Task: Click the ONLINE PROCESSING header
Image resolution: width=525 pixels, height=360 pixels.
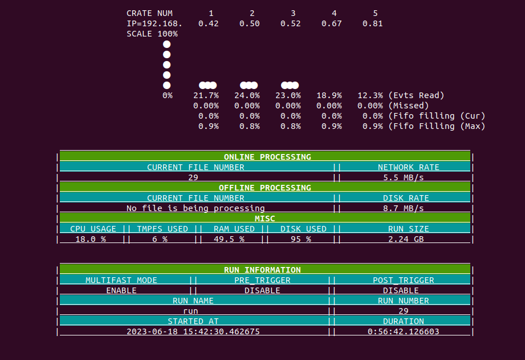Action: pyautogui.click(x=267, y=157)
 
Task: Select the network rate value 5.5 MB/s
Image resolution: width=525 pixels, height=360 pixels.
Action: pyautogui.click(x=404, y=177)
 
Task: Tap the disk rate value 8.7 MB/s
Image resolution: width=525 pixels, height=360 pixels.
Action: pyautogui.click(x=404, y=208)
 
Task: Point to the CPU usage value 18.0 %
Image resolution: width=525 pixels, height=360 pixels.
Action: pyautogui.click(x=88, y=239)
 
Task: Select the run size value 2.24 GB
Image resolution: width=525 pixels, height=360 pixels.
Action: pyautogui.click(x=406, y=239)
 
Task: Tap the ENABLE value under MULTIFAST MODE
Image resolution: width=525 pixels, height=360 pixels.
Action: pyautogui.click(x=121, y=290)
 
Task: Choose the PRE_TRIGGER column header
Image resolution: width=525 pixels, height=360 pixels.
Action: pyautogui.click(x=262, y=280)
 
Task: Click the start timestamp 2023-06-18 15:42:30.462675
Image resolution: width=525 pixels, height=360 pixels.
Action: pyautogui.click(x=193, y=331)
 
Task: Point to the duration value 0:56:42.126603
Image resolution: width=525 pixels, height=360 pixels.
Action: pyautogui.click(x=404, y=331)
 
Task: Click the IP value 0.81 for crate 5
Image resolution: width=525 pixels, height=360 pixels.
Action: pyautogui.click(x=372, y=23)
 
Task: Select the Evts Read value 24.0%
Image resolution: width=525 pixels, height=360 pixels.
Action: pyautogui.click(x=247, y=95)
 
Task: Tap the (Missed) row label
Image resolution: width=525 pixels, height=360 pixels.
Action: pyautogui.click(x=408, y=106)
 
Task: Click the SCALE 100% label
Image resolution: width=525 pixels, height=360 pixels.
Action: pyautogui.click(x=152, y=34)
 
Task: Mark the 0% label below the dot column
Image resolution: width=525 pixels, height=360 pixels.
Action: pyautogui.click(x=167, y=95)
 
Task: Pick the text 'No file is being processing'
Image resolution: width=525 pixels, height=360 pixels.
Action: pyautogui.click(x=196, y=208)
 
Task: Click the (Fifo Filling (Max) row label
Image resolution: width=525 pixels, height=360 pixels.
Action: pyautogui.click(x=437, y=126)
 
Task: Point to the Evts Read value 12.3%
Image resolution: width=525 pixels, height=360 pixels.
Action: pyautogui.click(x=370, y=95)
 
